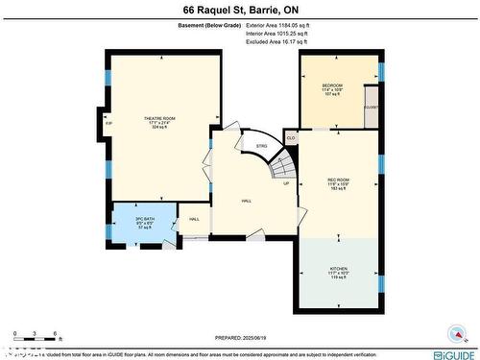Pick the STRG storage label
[261, 146]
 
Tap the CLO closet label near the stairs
[291, 138]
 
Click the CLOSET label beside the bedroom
[371, 108]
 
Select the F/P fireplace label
[108, 124]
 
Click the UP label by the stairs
[286, 183]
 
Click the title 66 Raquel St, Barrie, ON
[239, 10]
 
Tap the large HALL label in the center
[246, 201]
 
